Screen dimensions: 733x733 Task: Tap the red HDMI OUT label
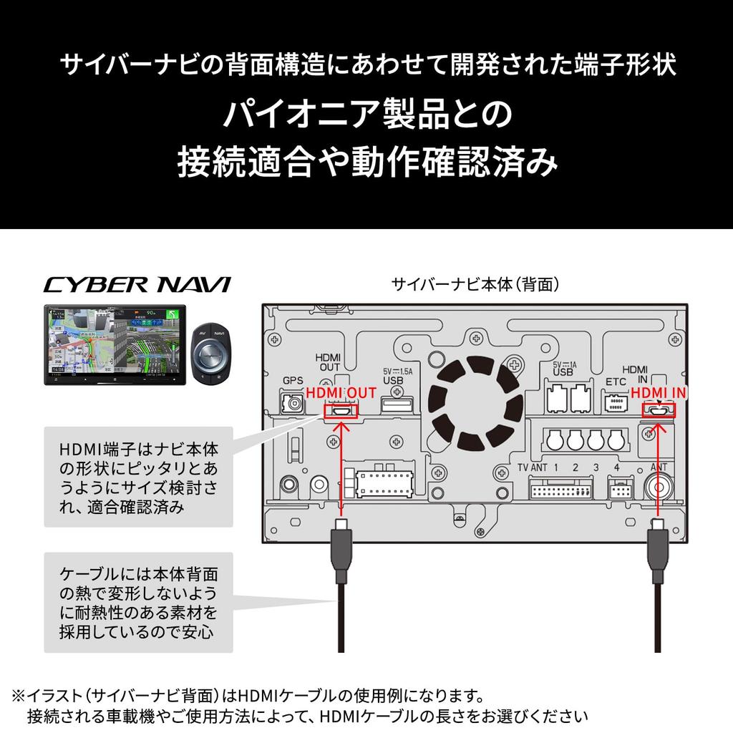(x=341, y=394)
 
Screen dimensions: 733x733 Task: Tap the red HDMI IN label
(x=659, y=394)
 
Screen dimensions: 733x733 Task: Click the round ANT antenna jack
(x=659, y=489)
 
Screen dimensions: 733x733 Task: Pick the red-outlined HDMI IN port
(x=659, y=411)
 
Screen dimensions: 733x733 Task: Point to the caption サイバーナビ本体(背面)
(x=475, y=284)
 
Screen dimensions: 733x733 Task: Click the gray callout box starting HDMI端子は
(x=139, y=477)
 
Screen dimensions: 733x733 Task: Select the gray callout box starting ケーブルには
(x=139, y=602)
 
